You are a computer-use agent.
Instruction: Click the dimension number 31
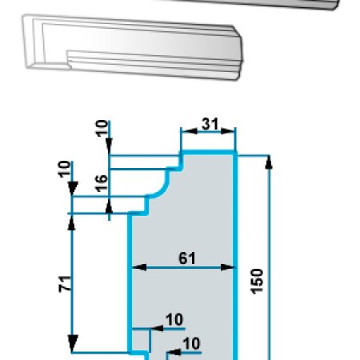(x=210, y=124)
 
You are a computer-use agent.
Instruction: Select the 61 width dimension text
(x=187, y=258)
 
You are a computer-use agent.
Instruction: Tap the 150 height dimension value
(x=257, y=282)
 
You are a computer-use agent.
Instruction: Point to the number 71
(x=65, y=284)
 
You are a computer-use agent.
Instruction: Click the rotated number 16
(x=102, y=183)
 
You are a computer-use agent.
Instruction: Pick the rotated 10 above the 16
(x=102, y=129)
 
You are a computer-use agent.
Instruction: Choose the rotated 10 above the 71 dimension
(x=64, y=169)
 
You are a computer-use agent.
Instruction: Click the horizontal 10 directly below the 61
(x=174, y=319)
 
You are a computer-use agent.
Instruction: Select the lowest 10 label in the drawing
(x=191, y=343)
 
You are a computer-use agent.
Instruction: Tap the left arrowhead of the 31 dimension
(x=189, y=131)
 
